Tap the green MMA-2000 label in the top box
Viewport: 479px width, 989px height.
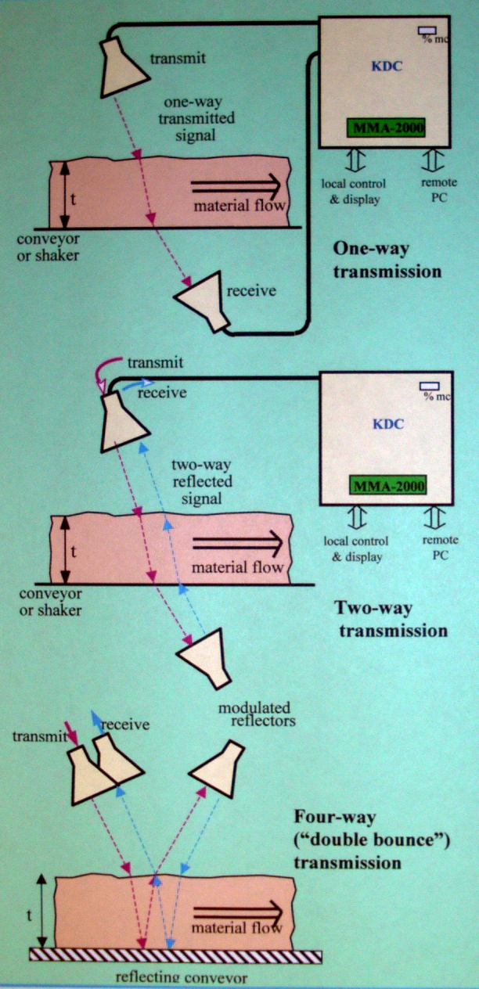[x=384, y=127]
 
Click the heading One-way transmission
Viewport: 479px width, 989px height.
[x=386, y=261]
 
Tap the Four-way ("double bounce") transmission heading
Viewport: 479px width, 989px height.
[x=348, y=840]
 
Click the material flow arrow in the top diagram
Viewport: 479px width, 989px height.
[x=235, y=186]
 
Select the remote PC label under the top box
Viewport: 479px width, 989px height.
[x=433, y=191]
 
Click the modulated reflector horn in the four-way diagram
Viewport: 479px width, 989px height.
[x=216, y=767]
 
